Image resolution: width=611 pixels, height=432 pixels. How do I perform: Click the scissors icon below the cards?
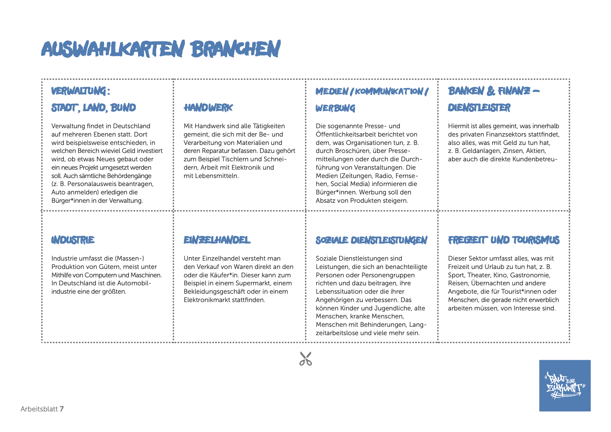306,358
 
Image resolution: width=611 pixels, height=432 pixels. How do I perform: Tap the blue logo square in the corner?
565,385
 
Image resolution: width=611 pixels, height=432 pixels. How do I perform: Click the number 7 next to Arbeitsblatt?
62,409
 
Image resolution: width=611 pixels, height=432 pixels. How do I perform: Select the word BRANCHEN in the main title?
236,49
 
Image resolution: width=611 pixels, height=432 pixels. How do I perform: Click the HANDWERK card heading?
208,108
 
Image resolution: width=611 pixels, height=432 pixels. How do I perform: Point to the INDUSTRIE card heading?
73,240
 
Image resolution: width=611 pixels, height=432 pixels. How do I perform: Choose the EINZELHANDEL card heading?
217,240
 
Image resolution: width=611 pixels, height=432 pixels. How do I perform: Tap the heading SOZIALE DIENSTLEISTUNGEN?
371,240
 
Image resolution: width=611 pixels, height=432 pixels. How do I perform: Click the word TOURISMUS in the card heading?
535,240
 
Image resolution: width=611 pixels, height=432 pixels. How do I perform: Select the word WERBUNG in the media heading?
335,108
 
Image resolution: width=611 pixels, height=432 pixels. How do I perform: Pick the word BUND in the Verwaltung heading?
123,108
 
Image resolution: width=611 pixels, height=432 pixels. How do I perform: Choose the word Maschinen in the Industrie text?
145,275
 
